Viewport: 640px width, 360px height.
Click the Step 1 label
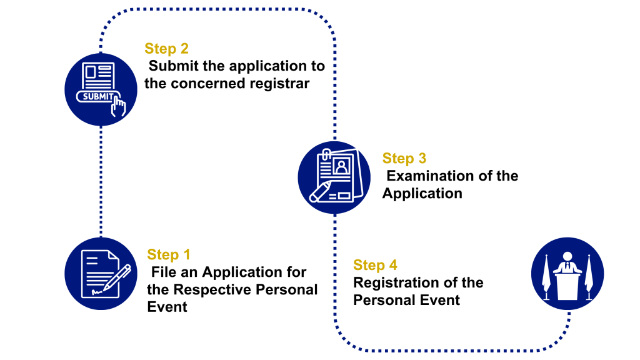coord(169,254)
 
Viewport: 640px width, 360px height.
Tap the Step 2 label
coord(166,49)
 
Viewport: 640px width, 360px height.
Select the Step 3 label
coord(404,159)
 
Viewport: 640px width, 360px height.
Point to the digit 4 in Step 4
coord(392,265)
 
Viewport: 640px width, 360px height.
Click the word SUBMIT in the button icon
coord(99,97)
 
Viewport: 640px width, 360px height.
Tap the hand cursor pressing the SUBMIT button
coord(118,106)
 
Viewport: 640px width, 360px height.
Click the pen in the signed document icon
coord(117,278)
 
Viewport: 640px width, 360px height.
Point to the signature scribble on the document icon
coord(96,291)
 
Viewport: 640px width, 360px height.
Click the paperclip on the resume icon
coord(326,154)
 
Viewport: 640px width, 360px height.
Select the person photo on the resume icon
coord(341,166)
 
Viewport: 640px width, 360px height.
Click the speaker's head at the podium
coord(567,256)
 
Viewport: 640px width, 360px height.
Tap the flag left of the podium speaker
coord(546,277)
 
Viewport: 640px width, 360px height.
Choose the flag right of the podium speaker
coord(588,277)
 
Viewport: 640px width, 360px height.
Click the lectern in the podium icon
coord(567,286)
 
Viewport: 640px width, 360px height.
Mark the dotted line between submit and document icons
coord(101,181)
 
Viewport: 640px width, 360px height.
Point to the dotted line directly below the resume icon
coord(335,262)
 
